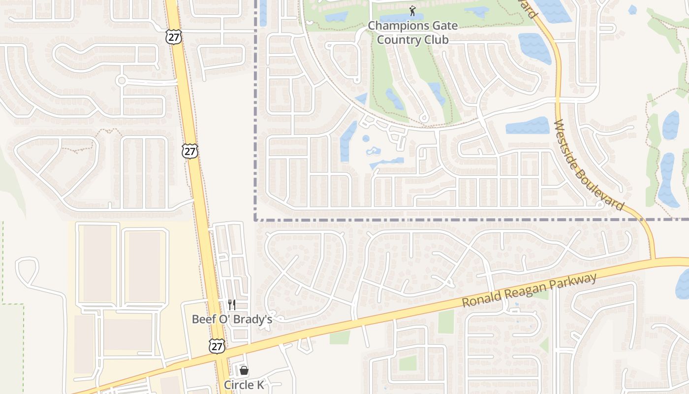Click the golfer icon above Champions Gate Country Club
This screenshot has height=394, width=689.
click(412, 10)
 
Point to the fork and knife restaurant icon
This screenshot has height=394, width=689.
click(232, 305)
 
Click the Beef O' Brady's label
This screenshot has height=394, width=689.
click(232, 319)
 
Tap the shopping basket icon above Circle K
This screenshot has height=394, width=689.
click(244, 370)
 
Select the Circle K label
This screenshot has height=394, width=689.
click(244, 385)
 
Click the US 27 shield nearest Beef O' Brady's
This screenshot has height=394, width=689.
click(217, 346)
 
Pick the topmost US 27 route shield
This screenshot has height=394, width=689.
click(174, 36)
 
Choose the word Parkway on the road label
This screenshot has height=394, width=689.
click(576, 279)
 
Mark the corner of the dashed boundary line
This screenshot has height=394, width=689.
click(255, 220)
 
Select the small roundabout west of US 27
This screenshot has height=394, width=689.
click(122, 80)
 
